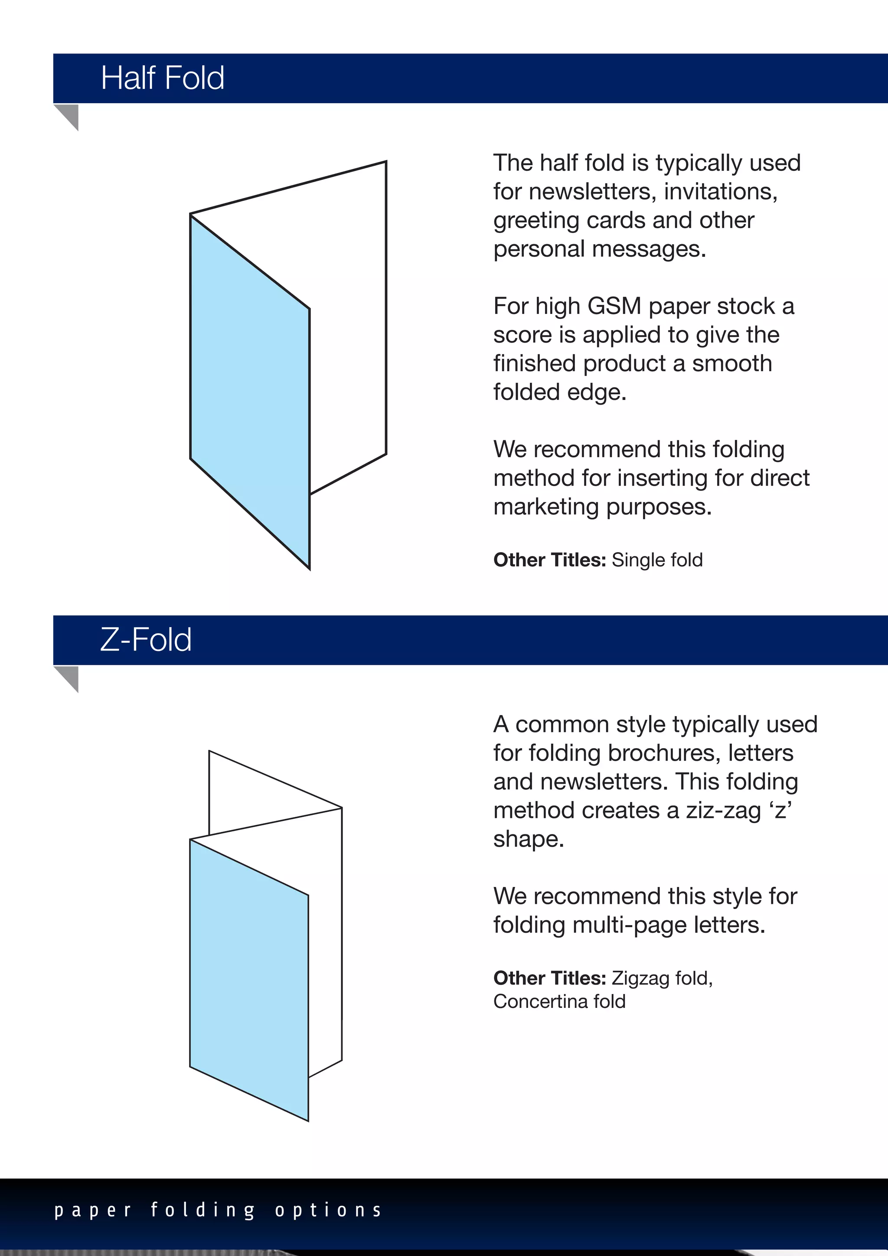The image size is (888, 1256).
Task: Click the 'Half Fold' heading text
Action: pos(163,78)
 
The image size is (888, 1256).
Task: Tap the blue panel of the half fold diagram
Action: pos(249,394)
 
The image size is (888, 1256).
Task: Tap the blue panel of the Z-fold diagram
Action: pos(249,979)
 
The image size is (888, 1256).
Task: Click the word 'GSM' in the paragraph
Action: pos(614,306)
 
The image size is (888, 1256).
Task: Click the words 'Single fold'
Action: pos(657,560)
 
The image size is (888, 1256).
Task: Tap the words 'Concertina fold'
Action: pos(559,1001)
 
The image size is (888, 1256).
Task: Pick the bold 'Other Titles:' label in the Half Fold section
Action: pos(549,560)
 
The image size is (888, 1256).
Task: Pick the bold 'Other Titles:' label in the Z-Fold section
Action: pos(549,978)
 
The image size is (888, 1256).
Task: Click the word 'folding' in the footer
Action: pos(203,1210)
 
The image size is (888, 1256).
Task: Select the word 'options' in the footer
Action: pos(328,1210)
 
